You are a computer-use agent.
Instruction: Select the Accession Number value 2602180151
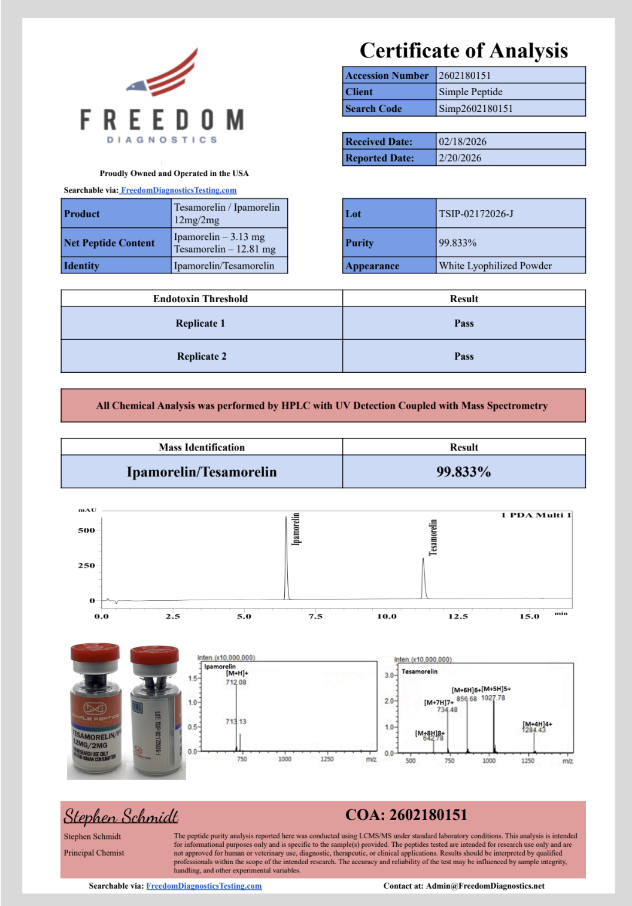(464, 75)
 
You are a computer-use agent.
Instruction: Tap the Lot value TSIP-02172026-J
(476, 214)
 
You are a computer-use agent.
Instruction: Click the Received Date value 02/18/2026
(463, 142)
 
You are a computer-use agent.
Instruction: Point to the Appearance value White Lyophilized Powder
(495, 266)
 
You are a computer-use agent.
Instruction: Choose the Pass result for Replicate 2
(464, 356)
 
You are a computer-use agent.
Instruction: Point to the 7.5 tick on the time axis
(315, 616)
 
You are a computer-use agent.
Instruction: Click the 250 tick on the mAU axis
(86, 566)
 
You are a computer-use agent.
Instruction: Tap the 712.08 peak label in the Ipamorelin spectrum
(236, 682)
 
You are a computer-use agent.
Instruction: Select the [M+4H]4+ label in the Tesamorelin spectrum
(537, 724)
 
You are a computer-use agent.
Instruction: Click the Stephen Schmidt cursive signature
(121, 816)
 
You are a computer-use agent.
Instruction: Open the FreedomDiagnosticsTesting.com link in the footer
(203, 886)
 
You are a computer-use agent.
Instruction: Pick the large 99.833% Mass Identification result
(464, 472)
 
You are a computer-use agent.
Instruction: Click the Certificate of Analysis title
(464, 50)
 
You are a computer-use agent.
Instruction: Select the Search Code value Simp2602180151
(476, 108)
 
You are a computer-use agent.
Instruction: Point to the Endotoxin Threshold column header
(200, 299)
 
